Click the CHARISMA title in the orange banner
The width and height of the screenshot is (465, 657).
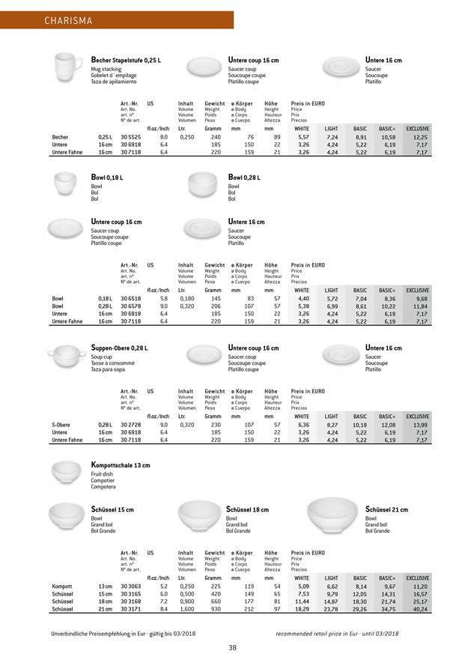tap(47, 20)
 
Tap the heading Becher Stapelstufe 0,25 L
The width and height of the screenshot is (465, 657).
tap(126, 60)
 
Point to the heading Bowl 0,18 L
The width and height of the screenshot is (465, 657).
tap(109, 175)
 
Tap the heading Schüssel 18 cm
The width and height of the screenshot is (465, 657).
tap(247, 509)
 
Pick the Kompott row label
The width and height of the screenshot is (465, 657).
tap(63, 585)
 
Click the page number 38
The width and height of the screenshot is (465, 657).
tap(233, 647)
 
